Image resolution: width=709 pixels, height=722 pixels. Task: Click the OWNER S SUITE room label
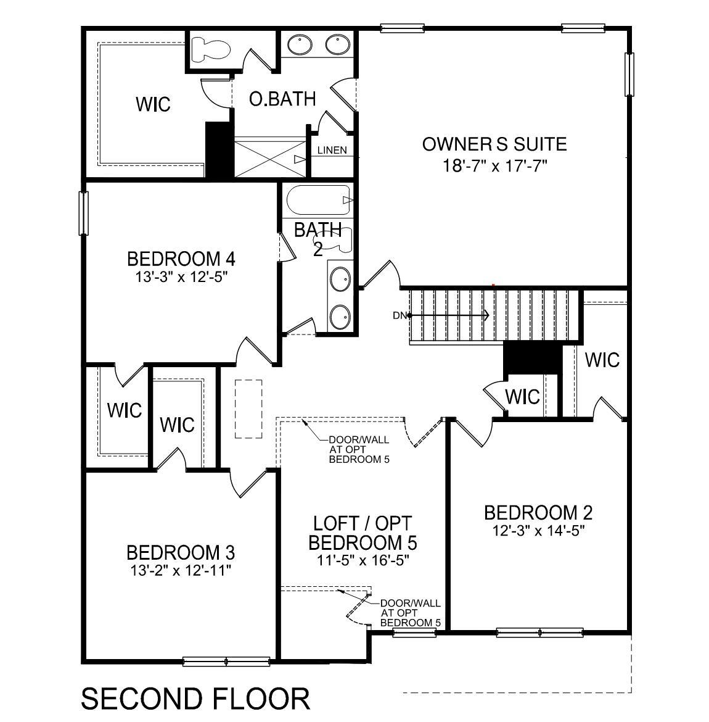point(494,144)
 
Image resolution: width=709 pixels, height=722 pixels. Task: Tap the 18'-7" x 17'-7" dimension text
point(494,165)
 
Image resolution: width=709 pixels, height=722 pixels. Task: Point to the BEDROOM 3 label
point(181,552)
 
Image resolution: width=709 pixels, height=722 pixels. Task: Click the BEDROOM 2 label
point(538,512)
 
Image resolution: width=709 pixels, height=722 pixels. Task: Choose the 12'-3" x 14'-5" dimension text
point(538,530)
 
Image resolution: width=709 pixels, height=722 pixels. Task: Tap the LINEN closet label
point(332,150)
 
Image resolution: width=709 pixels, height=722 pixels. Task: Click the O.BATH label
point(282,99)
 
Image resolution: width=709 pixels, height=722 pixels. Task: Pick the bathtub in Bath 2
point(318,200)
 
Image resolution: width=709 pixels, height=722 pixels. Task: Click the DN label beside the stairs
point(399,315)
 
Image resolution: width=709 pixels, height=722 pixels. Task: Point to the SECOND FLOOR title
point(195,699)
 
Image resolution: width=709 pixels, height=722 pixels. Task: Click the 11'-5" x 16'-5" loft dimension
point(363,560)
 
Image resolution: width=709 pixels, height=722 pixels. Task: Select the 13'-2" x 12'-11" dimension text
point(181,570)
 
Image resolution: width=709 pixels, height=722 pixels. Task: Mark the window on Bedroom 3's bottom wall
point(226,662)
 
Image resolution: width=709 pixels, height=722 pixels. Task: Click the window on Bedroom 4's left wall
point(83,213)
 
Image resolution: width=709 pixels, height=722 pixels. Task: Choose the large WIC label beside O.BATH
point(153,104)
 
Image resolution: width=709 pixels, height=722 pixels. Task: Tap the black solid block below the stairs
point(533,358)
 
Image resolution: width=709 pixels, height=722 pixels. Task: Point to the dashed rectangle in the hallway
point(248,409)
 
